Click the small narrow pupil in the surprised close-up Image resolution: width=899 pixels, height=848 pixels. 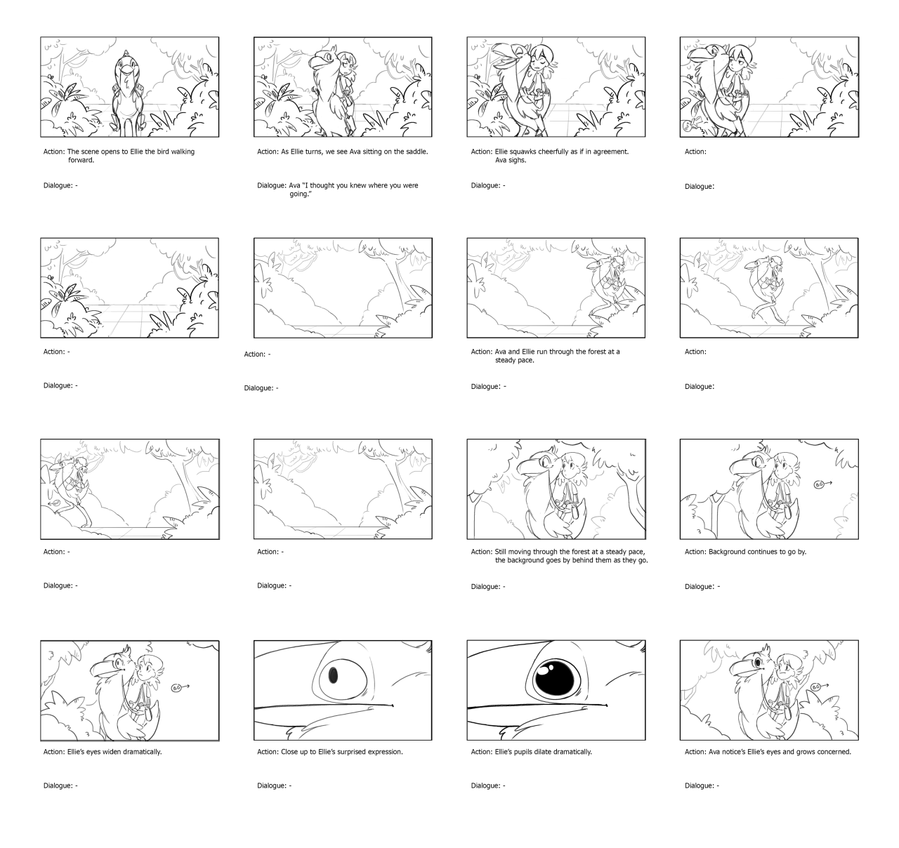click(333, 675)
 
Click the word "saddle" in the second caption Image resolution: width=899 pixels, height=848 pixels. click(416, 152)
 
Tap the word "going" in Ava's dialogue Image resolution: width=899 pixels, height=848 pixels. click(299, 194)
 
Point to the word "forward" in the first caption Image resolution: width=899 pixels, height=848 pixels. click(81, 160)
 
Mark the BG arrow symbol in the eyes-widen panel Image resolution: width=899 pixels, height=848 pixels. click(181, 688)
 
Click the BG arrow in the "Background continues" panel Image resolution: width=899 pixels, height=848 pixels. click(823, 484)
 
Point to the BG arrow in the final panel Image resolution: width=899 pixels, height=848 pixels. click(820, 687)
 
